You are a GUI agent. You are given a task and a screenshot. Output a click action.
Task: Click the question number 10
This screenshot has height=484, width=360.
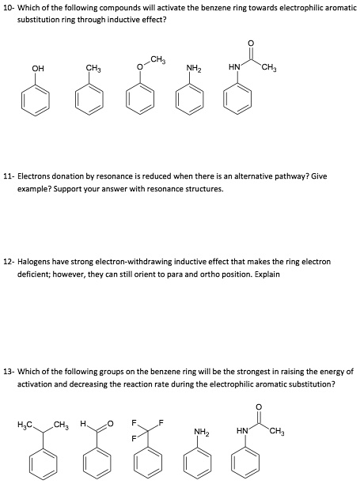[8, 6]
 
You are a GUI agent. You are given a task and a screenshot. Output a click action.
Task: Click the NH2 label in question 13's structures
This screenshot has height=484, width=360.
[201, 432]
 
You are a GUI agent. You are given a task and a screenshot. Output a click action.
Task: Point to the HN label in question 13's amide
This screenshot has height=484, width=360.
[242, 431]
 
